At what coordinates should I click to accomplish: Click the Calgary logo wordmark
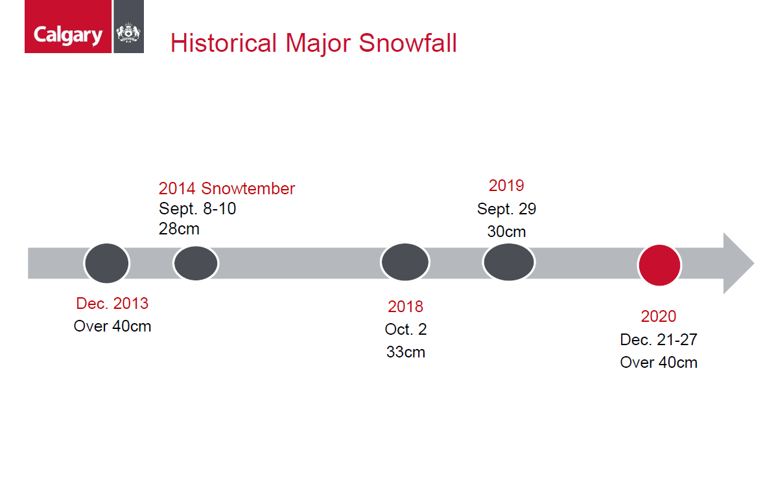(x=67, y=36)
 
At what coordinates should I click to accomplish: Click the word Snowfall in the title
(x=408, y=43)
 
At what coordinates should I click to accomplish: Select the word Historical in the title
(x=224, y=43)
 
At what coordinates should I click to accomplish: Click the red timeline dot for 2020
(x=659, y=265)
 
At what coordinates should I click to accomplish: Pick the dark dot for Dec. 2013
(x=106, y=263)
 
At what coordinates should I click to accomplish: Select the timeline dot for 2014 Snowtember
(x=196, y=263)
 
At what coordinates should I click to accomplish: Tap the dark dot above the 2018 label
(x=405, y=262)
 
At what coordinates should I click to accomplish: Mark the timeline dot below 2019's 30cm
(x=508, y=262)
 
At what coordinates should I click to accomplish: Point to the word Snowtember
(x=248, y=188)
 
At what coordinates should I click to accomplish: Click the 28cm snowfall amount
(x=179, y=229)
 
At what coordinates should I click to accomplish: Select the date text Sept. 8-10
(x=198, y=209)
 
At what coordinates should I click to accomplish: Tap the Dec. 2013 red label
(x=112, y=303)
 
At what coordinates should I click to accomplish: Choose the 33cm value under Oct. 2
(x=405, y=352)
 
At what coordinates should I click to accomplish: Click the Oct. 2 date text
(x=405, y=330)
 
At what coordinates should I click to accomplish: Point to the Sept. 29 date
(x=506, y=209)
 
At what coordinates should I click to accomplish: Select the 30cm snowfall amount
(x=506, y=232)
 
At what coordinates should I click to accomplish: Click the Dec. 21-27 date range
(x=659, y=340)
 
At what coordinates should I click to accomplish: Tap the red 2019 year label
(x=506, y=186)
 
